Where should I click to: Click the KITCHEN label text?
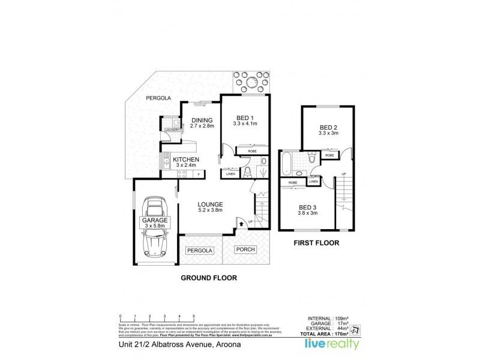coord(185,160)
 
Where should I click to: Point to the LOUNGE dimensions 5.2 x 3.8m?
coord(210,210)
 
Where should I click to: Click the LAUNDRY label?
coord(172,130)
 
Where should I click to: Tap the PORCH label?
coord(246,249)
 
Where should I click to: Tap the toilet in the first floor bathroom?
coord(311,159)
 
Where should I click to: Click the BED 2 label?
coord(329,127)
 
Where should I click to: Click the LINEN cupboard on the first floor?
coord(314,181)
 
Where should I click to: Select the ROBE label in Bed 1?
coord(244,152)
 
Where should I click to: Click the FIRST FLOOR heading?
coord(316,244)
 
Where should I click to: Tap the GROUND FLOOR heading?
coord(209,278)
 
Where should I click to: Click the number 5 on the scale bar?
coord(194,316)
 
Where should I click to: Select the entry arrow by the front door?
coord(242,223)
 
